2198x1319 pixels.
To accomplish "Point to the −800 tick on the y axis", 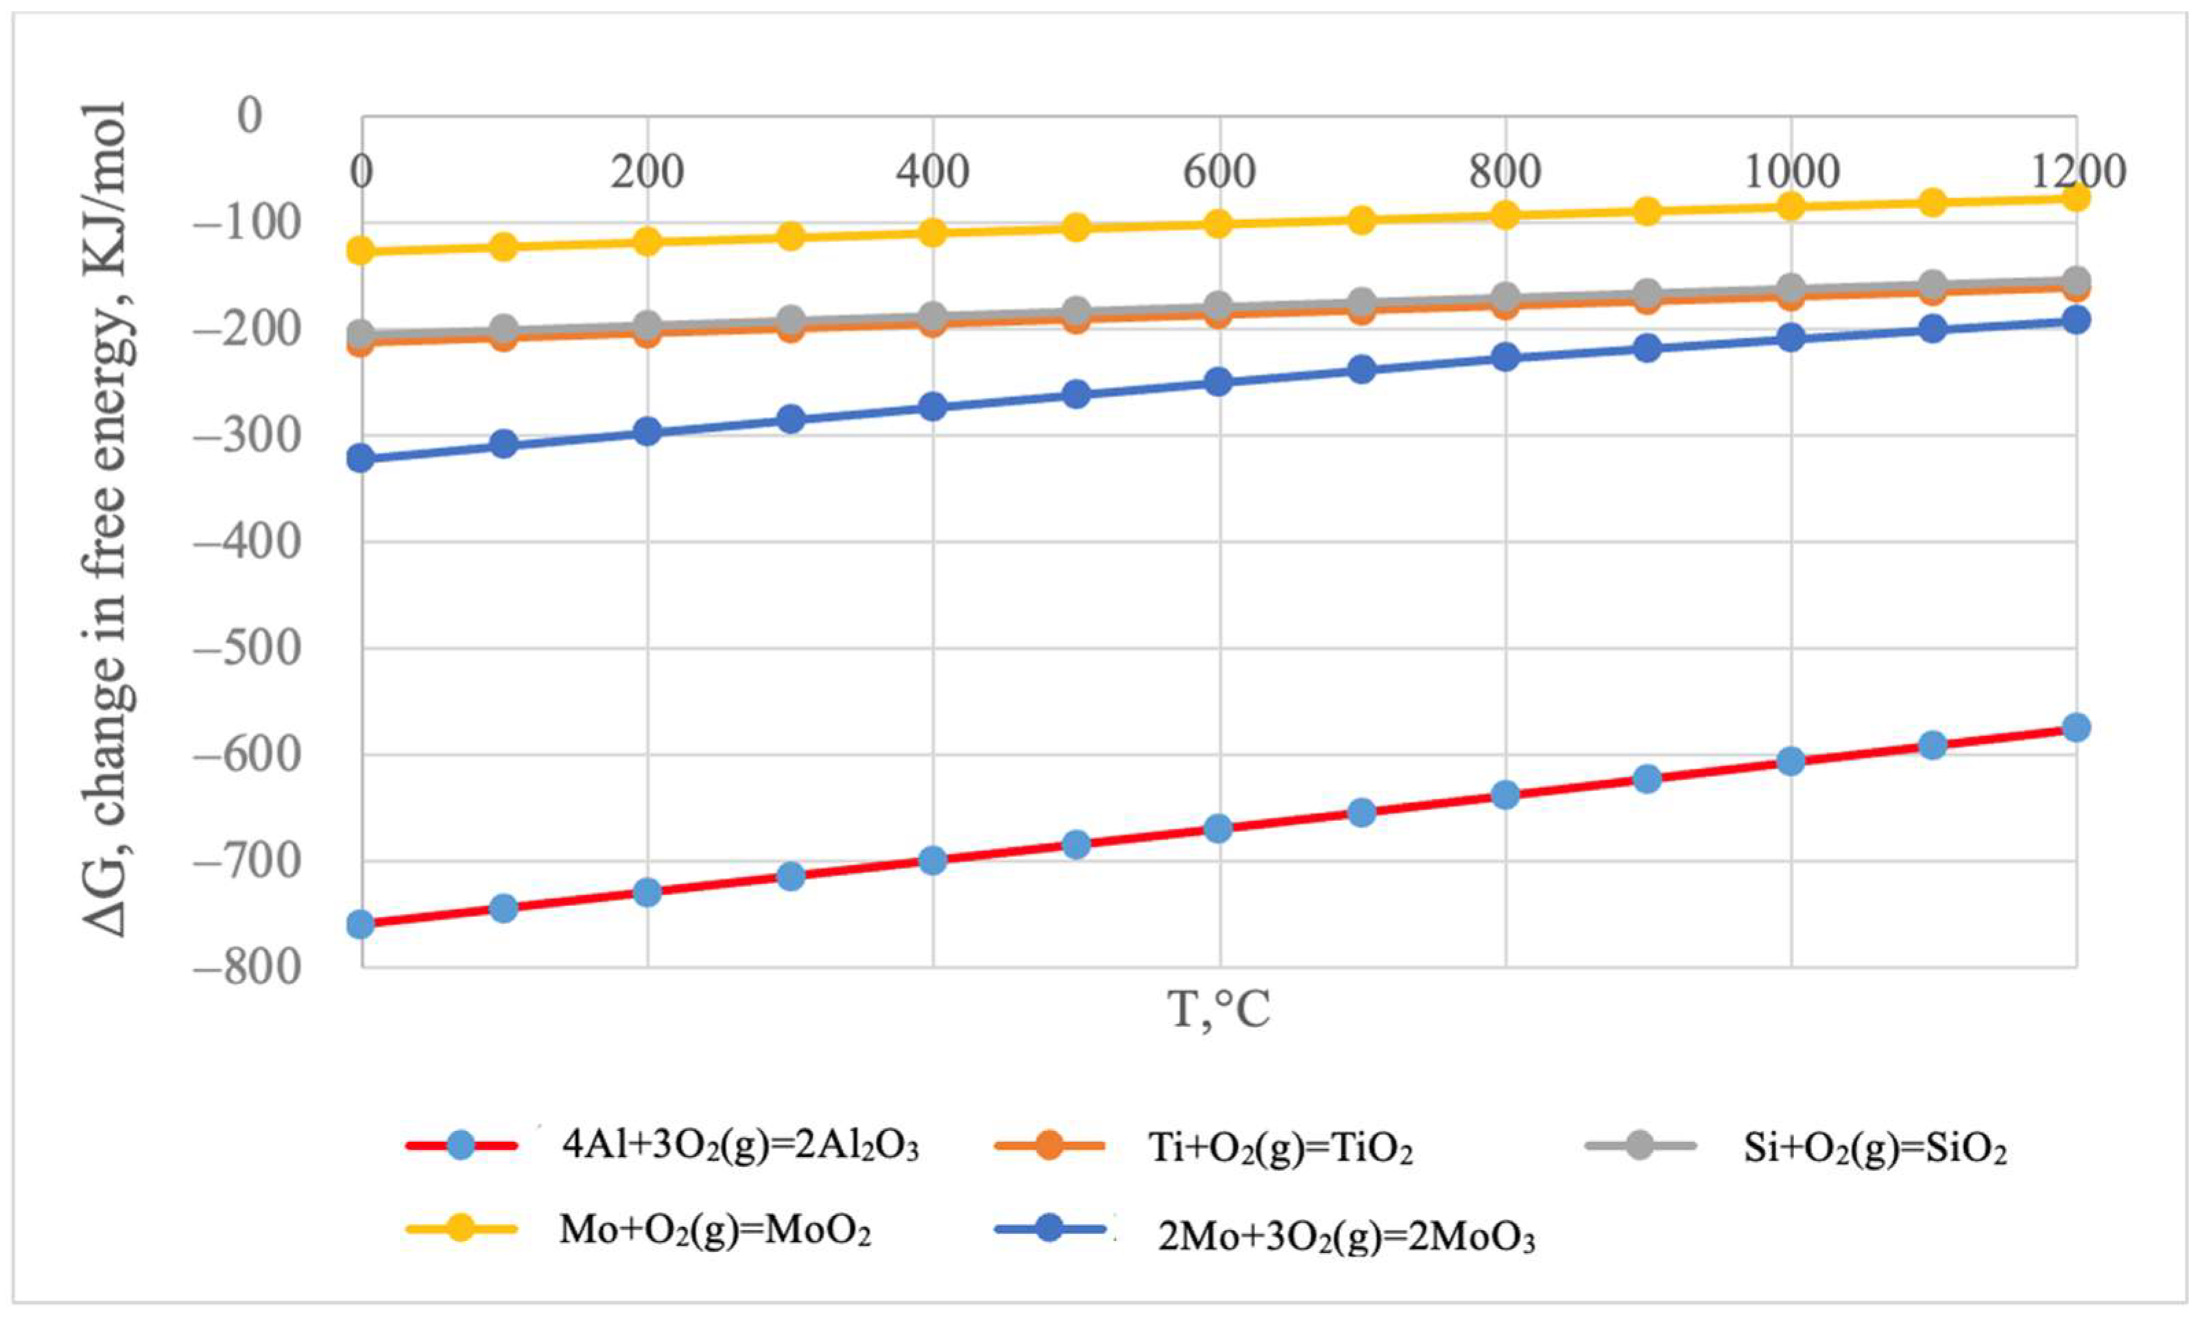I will click(x=247, y=966).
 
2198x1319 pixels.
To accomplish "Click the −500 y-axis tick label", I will click(x=247, y=648).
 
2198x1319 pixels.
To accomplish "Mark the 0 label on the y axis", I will click(x=250, y=115).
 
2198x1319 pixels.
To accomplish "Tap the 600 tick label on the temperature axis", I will click(x=1218, y=171).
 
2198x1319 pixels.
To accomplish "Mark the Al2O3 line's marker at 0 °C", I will click(x=361, y=925).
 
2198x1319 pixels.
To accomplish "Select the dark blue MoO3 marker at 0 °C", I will click(x=361, y=459).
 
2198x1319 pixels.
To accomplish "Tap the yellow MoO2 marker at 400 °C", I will click(x=933, y=233).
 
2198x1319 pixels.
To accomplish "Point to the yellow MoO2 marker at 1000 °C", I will click(x=1790, y=206).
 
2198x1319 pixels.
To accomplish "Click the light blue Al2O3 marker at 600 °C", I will click(x=1219, y=829).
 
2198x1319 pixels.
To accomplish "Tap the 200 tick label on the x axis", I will click(x=647, y=171).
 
